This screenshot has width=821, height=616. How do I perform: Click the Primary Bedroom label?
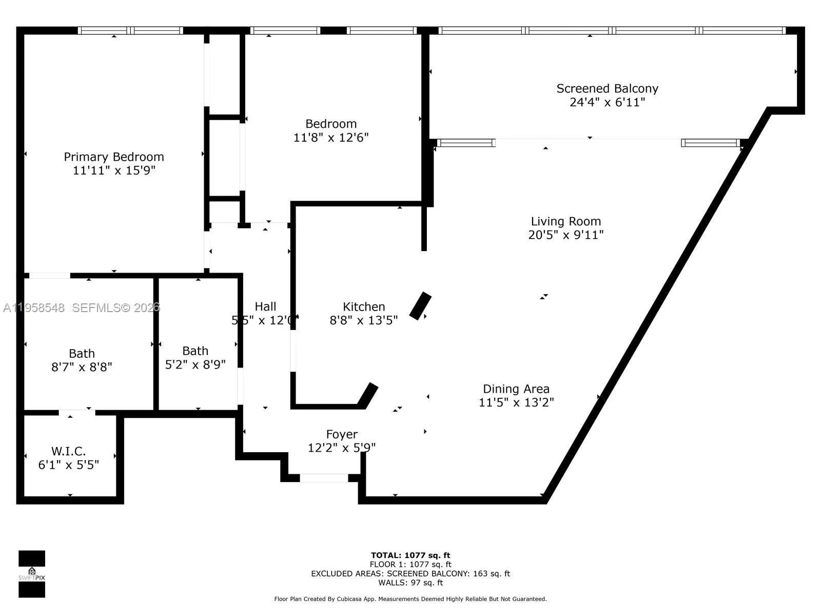[114, 157]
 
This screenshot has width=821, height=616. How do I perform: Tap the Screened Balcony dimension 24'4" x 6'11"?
[607, 102]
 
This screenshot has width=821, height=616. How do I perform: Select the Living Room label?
[565, 221]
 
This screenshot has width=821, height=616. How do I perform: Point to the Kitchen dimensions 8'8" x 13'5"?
[363, 320]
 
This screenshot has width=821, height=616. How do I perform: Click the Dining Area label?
[516, 389]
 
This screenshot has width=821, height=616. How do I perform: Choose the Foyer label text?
[342, 434]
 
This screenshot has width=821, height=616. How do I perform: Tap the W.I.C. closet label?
[68, 451]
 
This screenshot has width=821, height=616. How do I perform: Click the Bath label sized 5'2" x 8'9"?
[195, 351]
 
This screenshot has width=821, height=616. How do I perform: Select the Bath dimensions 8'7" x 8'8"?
[82, 367]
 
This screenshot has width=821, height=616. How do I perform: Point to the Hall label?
[265, 306]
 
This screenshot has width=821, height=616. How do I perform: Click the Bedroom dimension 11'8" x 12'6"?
[331, 138]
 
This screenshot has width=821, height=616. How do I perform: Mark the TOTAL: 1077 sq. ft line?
[411, 555]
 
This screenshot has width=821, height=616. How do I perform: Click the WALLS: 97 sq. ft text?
[411, 583]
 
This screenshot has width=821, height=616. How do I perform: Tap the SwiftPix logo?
[32, 574]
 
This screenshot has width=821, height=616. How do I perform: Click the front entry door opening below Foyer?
[324, 478]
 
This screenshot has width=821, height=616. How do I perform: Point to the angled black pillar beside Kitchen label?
[420, 306]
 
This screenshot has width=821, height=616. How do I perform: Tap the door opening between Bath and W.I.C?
[76, 413]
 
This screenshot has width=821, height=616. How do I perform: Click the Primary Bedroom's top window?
[130, 30]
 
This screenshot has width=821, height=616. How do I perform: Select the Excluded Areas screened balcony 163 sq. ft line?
[411, 573]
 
